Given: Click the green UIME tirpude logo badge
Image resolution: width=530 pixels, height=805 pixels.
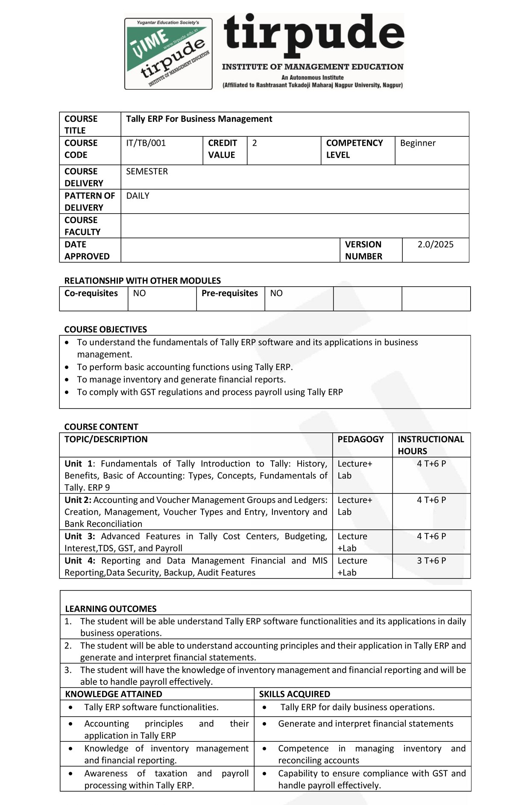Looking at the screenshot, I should pos(168,53).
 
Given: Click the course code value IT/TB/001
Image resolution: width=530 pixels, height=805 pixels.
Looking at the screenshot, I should pos(146,143).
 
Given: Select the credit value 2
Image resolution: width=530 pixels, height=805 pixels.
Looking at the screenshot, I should pos(255,143).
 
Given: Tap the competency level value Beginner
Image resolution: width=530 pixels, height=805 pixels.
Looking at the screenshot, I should pos(418,143).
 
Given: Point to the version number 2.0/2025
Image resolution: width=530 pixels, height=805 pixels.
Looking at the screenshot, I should pos(435,244).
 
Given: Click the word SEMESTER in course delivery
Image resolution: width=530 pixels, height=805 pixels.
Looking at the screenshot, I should pos(147,171).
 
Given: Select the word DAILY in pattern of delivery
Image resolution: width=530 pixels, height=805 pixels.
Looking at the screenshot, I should pos(138,196).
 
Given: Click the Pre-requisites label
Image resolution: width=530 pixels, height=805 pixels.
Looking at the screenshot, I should pos(230,293).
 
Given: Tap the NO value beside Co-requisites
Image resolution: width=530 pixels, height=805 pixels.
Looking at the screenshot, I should pos(139,293).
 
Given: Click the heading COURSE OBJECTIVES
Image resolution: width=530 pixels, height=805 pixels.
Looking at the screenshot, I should pos(105,329).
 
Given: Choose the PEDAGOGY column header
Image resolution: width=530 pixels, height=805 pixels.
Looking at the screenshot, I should pos(360,439).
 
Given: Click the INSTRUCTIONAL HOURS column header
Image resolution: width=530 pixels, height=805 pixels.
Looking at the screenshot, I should pos(430,445).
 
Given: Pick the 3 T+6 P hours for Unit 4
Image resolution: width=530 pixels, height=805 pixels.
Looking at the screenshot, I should pos(431,561).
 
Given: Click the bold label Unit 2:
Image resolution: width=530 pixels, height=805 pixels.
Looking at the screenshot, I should pos(78,500).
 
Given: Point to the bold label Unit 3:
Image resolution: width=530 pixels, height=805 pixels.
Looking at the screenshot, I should pos(79,536).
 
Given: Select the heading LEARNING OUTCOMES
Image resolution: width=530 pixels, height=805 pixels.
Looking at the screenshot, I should pos(111,609).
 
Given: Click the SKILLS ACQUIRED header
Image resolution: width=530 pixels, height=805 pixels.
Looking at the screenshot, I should pos(295,694).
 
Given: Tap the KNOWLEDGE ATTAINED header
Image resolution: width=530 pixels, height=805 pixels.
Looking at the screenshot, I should pos(114,694).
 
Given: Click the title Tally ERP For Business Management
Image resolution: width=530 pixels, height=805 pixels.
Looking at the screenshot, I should pos(199,119).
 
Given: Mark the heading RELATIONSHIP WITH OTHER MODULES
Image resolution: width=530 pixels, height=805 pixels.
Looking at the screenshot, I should pos(143,281).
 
